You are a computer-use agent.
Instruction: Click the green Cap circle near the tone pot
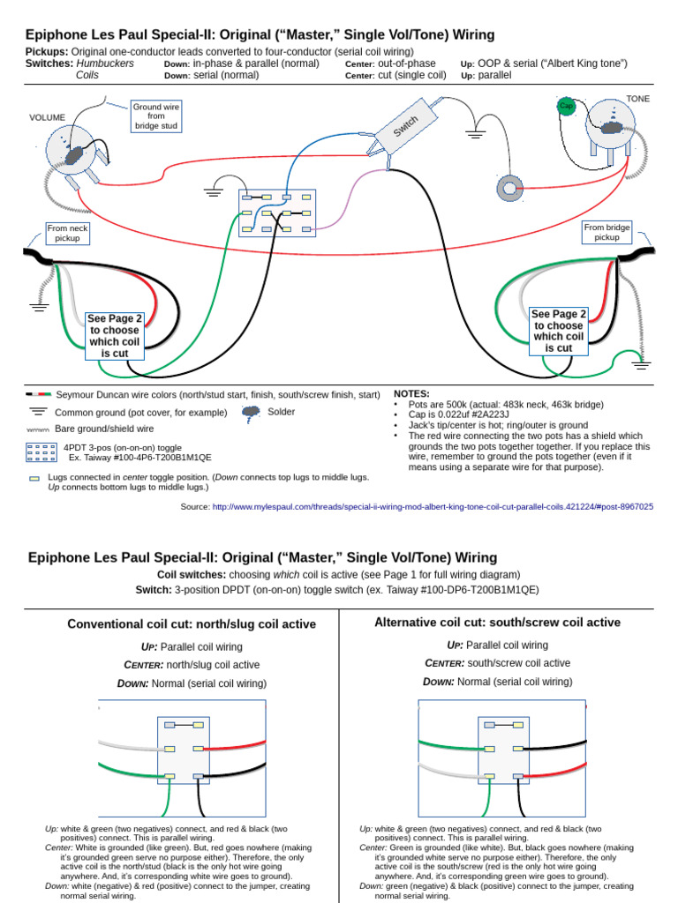tap(566, 106)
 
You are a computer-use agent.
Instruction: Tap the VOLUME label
tap(48, 117)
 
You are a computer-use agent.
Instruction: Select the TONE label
tap(637, 99)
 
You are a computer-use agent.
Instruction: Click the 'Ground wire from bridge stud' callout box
tap(156, 116)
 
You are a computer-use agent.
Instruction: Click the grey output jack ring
tap(509, 189)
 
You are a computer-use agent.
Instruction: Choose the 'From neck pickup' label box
tap(67, 233)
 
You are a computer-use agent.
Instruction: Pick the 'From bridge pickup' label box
tap(606, 232)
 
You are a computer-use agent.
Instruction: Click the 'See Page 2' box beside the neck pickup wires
tap(114, 336)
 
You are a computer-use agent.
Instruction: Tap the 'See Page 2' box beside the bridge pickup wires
tap(559, 332)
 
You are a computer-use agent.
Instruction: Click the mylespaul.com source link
tap(433, 507)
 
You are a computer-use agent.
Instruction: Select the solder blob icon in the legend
tap(251, 414)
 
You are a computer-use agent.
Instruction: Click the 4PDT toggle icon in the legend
tap(41, 452)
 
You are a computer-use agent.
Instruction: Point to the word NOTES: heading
tap(411, 394)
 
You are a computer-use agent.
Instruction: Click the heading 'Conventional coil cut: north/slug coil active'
tap(192, 624)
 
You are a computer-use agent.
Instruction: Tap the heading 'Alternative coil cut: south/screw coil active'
tap(498, 623)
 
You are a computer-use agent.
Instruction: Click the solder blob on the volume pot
tap(74, 155)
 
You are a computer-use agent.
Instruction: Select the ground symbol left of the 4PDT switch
tap(214, 191)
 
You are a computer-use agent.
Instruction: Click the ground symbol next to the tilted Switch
tap(475, 135)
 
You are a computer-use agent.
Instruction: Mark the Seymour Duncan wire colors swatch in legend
tap(39, 394)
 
